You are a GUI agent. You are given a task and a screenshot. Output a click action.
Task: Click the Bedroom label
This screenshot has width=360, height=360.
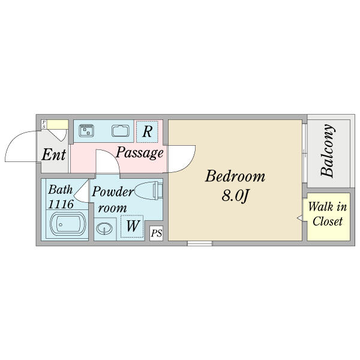pyautogui.click(x=235, y=176)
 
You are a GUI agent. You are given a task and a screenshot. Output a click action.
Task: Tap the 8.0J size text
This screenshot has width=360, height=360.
pyautogui.click(x=235, y=196)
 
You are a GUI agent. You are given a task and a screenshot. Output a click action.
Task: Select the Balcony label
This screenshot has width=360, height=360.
pyautogui.click(x=327, y=151)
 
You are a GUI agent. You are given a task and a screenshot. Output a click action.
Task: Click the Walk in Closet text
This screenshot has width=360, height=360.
pyautogui.click(x=327, y=214)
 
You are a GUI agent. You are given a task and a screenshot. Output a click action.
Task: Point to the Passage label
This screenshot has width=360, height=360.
pyautogui.click(x=139, y=153)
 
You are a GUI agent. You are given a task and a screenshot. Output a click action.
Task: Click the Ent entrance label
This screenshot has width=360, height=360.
pyautogui.click(x=53, y=155)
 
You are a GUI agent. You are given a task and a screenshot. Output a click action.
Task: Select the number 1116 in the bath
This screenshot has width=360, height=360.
pyautogui.click(x=61, y=204)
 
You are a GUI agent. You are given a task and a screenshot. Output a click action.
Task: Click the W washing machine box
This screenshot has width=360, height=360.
pyautogui.click(x=132, y=227)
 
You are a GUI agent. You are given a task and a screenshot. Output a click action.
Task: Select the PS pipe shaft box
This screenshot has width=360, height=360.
pyautogui.click(x=156, y=233)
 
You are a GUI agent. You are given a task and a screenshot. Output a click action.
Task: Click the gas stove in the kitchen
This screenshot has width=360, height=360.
pyautogui.click(x=86, y=130)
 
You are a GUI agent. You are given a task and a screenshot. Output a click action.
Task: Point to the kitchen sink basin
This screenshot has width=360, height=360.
pyautogui.click(x=121, y=130)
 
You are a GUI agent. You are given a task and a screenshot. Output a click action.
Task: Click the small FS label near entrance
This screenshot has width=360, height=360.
pyautogui.click(x=44, y=125)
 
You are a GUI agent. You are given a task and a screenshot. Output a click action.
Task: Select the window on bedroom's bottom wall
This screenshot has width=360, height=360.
pyautogui.click(x=199, y=243)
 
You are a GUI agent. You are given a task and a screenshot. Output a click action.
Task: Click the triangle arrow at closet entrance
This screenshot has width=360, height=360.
pyautogui.click(x=299, y=218)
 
